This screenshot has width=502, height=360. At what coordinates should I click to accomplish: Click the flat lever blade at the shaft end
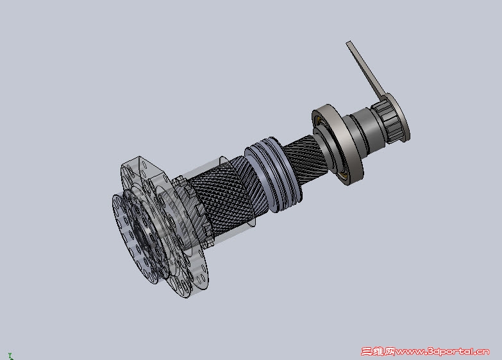[365, 69]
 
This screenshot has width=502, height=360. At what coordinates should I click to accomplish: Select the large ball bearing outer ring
[337, 144]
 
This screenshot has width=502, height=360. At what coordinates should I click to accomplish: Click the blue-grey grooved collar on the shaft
[273, 175]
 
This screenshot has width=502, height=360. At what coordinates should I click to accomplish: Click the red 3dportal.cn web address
[442, 352]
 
